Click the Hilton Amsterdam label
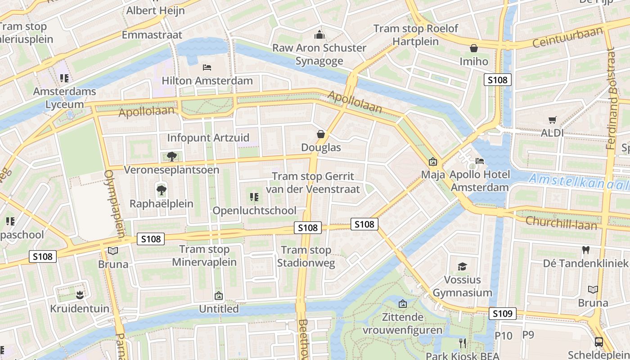point(207,81)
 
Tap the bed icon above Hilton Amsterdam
point(207,67)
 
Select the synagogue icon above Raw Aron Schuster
point(319,35)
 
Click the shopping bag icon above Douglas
point(321,134)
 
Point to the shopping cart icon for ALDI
point(553,120)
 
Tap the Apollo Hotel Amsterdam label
point(480,180)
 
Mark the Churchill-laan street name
point(561,222)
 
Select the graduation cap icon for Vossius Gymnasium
point(462,267)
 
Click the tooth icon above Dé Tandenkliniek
point(585,250)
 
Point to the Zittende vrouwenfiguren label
point(402,324)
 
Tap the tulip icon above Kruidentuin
point(80,295)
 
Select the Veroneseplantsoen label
point(171,170)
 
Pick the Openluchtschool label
point(254,210)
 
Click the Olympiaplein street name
point(115,203)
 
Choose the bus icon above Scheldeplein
point(599,342)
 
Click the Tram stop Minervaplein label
point(204,256)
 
